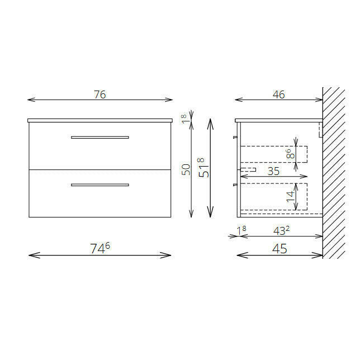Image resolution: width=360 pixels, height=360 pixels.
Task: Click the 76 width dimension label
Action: point(100,94)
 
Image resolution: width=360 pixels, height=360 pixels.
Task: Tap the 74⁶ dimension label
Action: point(100,248)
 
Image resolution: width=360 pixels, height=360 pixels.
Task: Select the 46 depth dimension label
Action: point(279,94)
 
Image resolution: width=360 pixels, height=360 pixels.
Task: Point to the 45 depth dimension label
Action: point(280,248)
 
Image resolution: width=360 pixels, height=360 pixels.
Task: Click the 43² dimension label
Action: point(282,230)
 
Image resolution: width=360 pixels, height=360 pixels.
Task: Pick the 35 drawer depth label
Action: point(273,171)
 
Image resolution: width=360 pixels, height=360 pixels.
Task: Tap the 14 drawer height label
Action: point(290,197)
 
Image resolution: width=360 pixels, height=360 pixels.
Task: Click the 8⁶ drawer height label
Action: point(290,154)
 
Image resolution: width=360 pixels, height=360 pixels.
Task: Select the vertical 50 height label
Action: point(186,169)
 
